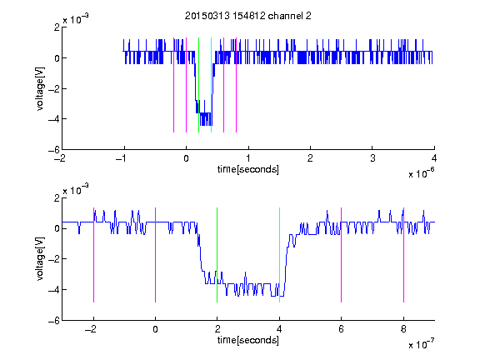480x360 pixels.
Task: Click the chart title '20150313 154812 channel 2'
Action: (x=248, y=16)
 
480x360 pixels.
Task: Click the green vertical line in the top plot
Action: (x=198, y=85)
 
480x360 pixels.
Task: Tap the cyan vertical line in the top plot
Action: (x=211, y=85)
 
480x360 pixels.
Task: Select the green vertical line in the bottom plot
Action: (x=217, y=255)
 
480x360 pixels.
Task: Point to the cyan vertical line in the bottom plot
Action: (x=279, y=255)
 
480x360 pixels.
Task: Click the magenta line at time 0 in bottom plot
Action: (x=155, y=255)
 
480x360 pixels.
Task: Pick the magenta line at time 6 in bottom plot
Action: (x=341, y=255)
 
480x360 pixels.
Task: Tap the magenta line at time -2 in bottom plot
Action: (x=93, y=255)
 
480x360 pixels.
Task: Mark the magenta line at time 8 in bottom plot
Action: (x=403, y=255)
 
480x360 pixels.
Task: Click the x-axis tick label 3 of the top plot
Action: (x=372, y=158)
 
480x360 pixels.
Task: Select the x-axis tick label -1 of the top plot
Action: (x=122, y=158)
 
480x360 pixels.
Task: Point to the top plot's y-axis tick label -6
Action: (x=54, y=150)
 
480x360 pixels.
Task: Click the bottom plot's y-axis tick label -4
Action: (x=54, y=290)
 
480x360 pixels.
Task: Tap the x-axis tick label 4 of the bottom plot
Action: (x=279, y=329)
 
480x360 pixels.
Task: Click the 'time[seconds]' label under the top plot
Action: (x=248, y=169)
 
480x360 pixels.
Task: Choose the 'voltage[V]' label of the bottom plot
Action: (x=40, y=258)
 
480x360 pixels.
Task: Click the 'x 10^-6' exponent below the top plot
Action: (x=421, y=173)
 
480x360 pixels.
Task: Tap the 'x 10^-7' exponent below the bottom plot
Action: (x=421, y=344)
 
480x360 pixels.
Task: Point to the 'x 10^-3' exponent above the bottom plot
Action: (x=76, y=190)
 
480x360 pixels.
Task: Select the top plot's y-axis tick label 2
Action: (x=57, y=27)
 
